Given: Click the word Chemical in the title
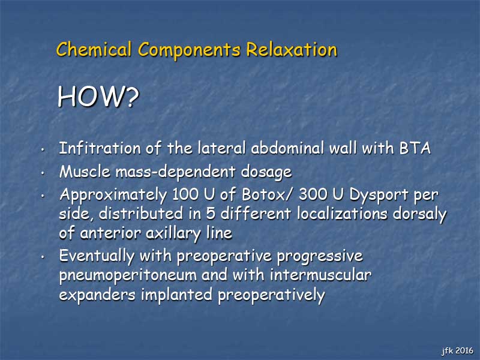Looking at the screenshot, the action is click(x=94, y=49).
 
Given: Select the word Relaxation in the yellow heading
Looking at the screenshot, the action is click(x=292, y=49).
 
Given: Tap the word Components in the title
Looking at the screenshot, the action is click(x=189, y=50).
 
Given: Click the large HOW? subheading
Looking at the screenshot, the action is click(x=98, y=97).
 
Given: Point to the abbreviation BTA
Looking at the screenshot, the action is click(x=415, y=148).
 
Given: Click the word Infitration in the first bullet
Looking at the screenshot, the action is click(x=100, y=148).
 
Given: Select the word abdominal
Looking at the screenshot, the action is click(x=287, y=148).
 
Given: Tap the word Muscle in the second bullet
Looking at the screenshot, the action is click(x=85, y=172).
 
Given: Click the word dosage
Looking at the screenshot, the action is click(x=266, y=172).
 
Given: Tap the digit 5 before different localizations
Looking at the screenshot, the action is click(x=211, y=214).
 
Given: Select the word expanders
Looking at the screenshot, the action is click(x=97, y=295).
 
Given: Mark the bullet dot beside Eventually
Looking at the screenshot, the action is click(x=43, y=257).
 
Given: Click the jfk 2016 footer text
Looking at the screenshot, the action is click(x=457, y=351).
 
